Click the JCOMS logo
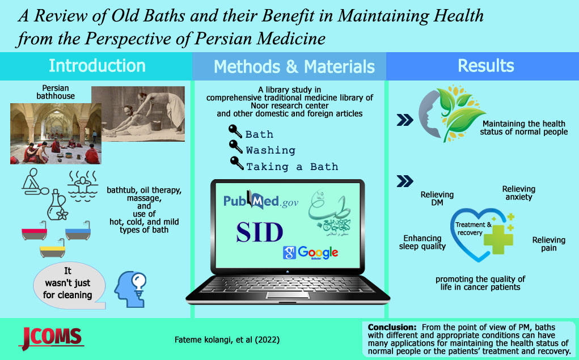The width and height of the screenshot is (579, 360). tap(51, 338)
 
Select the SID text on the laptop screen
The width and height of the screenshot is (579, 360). tap(260, 232)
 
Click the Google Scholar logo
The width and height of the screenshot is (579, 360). tap(311, 253)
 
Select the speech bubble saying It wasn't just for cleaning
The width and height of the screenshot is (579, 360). tap(69, 285)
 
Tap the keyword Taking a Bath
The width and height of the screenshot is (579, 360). tap(292, 167)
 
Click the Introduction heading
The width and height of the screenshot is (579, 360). tap(97, 66)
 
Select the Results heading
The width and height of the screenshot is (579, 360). tap(485, 66)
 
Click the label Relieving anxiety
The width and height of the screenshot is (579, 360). tap(519, 193)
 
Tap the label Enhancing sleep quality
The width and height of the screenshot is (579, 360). tap(422, 242)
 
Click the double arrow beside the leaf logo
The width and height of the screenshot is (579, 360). tap(405, 120)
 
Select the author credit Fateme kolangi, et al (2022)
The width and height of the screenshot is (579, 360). tap(227, 340)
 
